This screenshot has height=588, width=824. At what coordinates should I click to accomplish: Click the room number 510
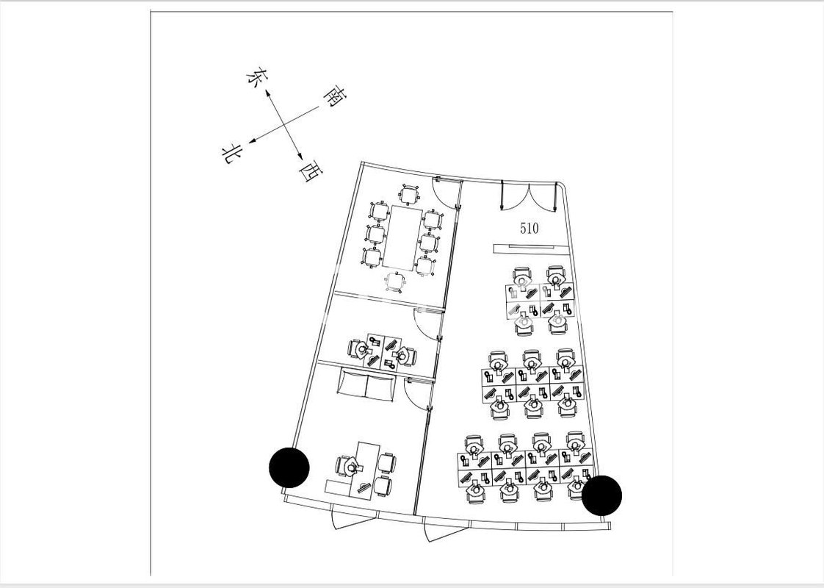(x=529, y=228)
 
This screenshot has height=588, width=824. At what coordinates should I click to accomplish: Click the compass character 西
(x=310, y=173)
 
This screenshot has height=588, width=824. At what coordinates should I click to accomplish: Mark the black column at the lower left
(x=289, y=467)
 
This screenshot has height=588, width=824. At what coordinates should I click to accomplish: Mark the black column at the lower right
(x=602, y=495)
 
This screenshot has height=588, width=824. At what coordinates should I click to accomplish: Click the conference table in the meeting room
(x=403, y=237)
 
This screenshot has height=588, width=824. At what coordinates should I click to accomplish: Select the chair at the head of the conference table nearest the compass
(x=408, y=195)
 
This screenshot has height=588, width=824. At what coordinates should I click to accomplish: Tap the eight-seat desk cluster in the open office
(x=524, y=467)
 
